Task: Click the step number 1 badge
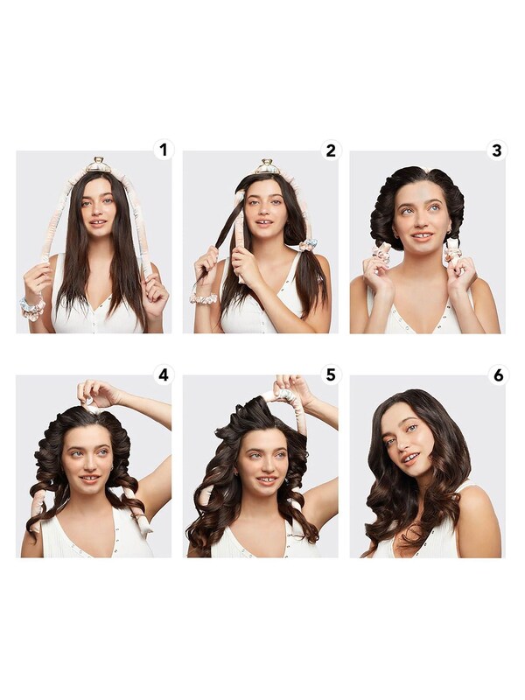click(163, 150)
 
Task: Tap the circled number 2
click(330, 150)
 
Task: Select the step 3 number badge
click(496, 150)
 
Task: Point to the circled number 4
click(163, 374)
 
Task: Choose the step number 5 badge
click(330, 374)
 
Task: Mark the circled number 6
click(496, 374)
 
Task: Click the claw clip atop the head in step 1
click(98, 165)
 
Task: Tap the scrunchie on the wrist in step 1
click(32, 308)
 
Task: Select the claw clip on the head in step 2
click(266, 166)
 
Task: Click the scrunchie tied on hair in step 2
click(307, 245)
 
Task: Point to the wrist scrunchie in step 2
click(203, 298)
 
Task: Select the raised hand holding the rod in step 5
click(290, 389)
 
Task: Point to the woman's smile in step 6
click(409, 458)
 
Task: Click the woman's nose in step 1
click(96, 211)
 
